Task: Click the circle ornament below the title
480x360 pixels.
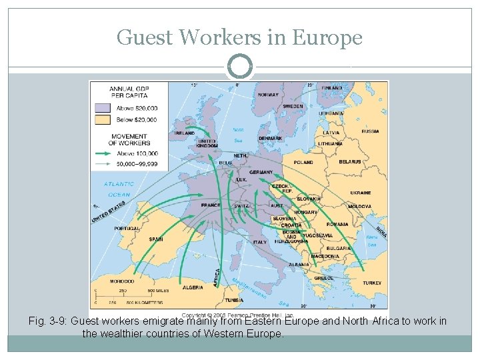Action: click(239, 67)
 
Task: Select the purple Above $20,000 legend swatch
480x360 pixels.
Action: click(103, 107)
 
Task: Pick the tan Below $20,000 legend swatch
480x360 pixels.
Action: click(103, 120)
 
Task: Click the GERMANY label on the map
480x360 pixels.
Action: click(261, 172)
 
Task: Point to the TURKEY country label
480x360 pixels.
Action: click(372, 283)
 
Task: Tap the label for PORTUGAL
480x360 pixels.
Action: click(127, 229)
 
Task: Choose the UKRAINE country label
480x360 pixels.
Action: click(361, 193)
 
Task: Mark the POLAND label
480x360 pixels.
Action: click(303, 162)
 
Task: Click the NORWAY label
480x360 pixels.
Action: click(268, 95)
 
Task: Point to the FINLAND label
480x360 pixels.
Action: click(331, 88)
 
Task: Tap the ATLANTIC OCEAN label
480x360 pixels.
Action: click(119, 189)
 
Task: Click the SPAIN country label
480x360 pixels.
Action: click(156, 239)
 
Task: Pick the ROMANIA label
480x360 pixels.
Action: click(337, 225)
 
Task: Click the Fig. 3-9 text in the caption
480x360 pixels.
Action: click(48, 321)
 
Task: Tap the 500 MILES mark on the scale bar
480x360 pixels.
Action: click(157, 291)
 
